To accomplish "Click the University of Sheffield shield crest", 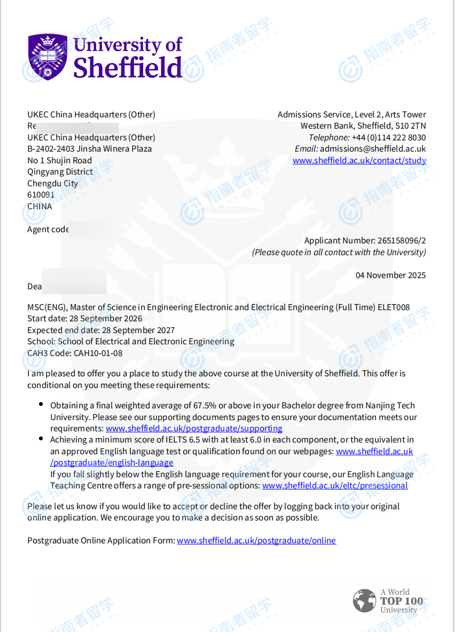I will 48,55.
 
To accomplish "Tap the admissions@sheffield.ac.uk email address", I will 373,149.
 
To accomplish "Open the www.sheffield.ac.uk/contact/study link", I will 359,160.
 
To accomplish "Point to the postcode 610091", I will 41,195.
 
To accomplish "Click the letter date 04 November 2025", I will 391,275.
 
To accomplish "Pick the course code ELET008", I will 394,307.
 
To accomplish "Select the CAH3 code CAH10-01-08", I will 98,353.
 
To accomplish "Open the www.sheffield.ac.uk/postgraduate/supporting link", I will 194,428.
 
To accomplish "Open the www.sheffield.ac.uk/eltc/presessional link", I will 335,486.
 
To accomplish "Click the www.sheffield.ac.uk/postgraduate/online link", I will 256,540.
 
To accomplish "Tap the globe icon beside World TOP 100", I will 364,601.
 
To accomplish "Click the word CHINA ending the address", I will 40,206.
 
